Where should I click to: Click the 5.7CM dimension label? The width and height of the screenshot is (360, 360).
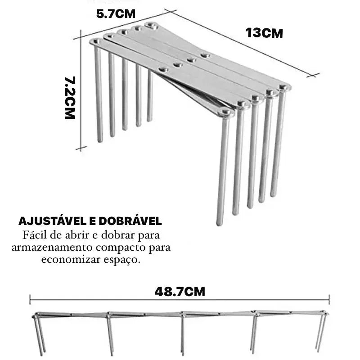pos(116,14)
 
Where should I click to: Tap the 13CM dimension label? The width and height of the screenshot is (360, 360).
pos(264,33)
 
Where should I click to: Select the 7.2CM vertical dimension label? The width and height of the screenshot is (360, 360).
pos(70,98)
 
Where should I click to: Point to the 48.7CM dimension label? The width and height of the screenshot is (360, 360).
pos(180,292)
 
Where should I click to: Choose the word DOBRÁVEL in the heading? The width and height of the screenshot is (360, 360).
pos(130,221)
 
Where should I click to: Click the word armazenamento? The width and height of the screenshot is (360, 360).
pos(52,247)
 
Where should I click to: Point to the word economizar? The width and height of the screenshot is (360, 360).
pos(71,260)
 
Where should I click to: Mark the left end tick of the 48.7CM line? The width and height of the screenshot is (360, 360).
pos(30,300)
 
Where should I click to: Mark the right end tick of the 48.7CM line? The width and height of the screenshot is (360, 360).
pos(329,300)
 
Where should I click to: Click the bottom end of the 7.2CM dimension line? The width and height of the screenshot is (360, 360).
pos(81,148)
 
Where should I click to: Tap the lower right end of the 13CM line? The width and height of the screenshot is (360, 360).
pos(313,75)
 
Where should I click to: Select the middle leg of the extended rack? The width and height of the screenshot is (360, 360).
pos(183,334)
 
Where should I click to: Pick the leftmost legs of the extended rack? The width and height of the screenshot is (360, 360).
pos(39,334)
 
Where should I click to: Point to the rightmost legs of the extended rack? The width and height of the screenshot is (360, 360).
pos(321,332)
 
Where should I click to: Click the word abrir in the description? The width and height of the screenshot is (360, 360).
pos(78,235)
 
